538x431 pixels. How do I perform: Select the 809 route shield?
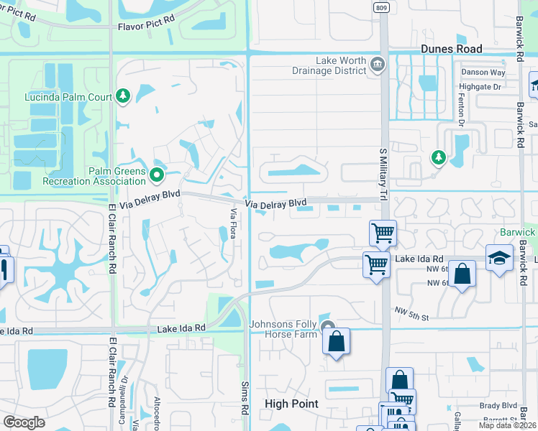point(380,6)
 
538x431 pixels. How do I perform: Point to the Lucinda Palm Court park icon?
point(123,96)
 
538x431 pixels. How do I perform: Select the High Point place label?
point(291,404)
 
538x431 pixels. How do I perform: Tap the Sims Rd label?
point(245,398)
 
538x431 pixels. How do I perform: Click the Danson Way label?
point(483,73)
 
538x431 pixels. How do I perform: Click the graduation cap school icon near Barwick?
point(499,258)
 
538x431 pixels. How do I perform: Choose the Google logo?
point(24,422)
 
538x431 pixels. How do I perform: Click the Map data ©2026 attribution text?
point(508,425)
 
